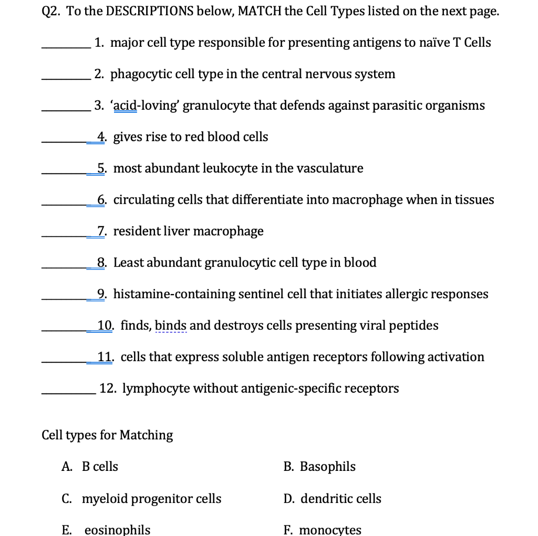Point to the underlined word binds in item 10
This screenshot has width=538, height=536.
point(171,325)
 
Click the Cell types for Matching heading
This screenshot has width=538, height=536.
point(107,435)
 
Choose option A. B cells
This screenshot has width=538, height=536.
point(90,467)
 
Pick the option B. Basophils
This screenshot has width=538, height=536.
point(319,467)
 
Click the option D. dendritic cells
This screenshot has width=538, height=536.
point(333,499)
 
